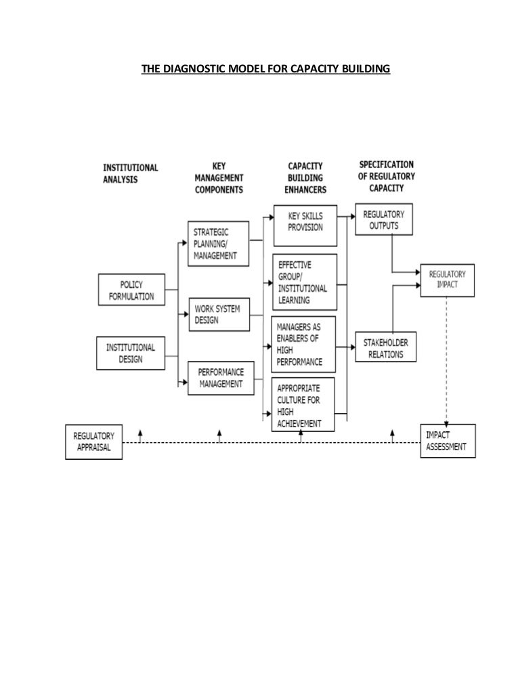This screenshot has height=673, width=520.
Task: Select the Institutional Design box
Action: pyautogui.click(x=131, y=353)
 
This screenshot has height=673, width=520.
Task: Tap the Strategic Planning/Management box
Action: pyautogui.click(x=217, y=243)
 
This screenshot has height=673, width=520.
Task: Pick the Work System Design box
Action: pyautogui.click(x=217, y=315)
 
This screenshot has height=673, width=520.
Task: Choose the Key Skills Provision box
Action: pyautogui.click(x=305, y=225)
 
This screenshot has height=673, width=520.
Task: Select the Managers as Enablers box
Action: pyautogui.click(x=305, y=344)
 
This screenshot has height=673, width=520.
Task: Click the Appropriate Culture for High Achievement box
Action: pyautogui.click(x=305, y=404)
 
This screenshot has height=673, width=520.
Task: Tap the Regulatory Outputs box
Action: pyautogui.click(x=383, y=219)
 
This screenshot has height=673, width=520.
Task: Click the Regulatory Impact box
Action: pyautogui.click(x=448, y=280)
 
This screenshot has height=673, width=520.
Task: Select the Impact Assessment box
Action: pyautogui.click(x=448, y=441)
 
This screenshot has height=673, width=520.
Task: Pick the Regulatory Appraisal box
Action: pyautogui.click(x=94, y=441)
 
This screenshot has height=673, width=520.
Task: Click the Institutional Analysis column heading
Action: pyautogui.click(x=131, y=173)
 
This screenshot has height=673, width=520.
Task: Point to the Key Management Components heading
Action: pyautogui.click(x=219, y=177)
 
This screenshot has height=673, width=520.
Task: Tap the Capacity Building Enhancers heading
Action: pyautogui.click(x=306, y=177)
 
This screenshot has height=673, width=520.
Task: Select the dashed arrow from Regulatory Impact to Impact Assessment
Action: pyautogui.click(x=447, y=359)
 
